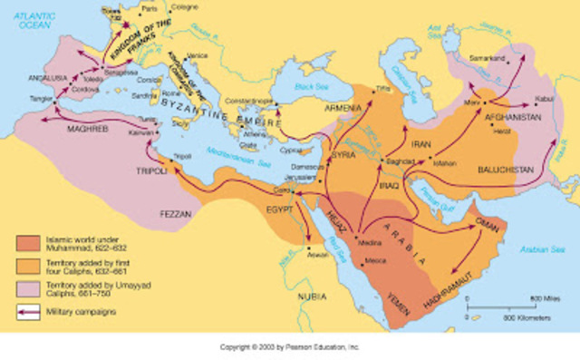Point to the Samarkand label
coord(489,59)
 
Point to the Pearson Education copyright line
coord(289,346)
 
